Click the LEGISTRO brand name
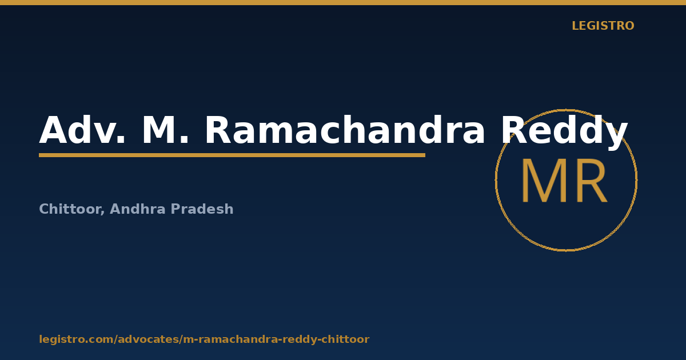point(603,26)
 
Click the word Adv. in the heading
point(82,130)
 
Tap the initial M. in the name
point(165,130)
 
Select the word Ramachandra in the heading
point(345,129)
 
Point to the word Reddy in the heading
point(564,132)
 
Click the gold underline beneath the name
point(232,155)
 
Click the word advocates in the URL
point(149,339)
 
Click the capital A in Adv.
point(53,130)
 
